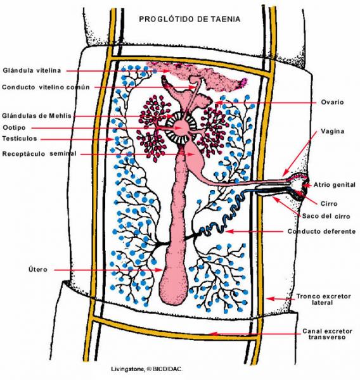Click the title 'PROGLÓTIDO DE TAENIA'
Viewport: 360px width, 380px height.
click(x=190, y=19)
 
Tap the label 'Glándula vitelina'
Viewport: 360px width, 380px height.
click(x=32, y=70)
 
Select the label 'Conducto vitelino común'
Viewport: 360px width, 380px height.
click(x=46, y=87)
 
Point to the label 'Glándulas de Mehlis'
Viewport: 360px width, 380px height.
click(x=37, y=116)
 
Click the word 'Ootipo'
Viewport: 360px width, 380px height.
click(x=14, y=128)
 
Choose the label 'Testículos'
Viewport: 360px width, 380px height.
click(x=20, y=139)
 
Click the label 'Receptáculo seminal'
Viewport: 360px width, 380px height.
click(x=39, y=154)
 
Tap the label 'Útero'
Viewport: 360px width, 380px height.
click(x=37, y=269)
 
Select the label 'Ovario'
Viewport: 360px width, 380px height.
click(x=332, y=102)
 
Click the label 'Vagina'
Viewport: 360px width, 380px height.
click(x=333, y=131)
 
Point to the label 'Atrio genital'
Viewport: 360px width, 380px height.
click(x=335, y=185)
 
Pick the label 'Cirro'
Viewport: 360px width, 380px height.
click(x=329, y=203)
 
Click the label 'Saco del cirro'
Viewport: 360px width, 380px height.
click(x=326, y=216)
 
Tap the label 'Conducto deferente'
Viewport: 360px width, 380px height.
click(x=322, y=231)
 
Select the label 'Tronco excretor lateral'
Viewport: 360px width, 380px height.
click(x=324, y=300)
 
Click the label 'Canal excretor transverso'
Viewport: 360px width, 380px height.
click(x=327, y=334)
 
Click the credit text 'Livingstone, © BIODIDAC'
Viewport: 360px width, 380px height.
click(x=147, y=369)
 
